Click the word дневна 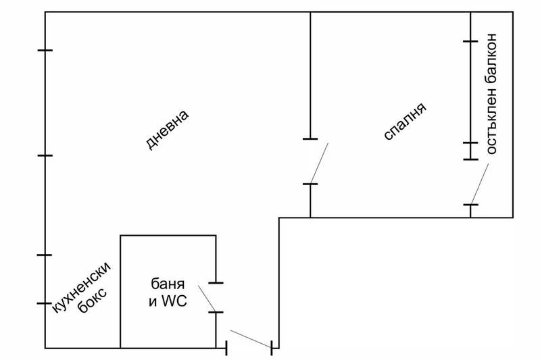click(x=168, y=130)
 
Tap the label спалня click(x=405, y=121)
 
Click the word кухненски click(x=82, y=287)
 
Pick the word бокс click(x=93, y=300)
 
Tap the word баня click(x=168, y=284)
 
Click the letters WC click(x=174, y=301)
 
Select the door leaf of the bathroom click(x=207, y=299)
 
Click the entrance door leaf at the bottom click(x=251, y=339)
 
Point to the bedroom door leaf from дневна click(x=319, y=163)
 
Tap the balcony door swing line click(x=479, y=184)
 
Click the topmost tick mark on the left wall click(x=45, y=51)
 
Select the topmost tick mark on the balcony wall click(x=470, y=41)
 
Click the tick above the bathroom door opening click(x=216, y=283)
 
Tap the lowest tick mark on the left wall click(x=45, y=303)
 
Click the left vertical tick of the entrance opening click(x=226, y=348)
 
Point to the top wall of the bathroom click(x=168, y=236)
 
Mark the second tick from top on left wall click(x=45, y=155)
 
